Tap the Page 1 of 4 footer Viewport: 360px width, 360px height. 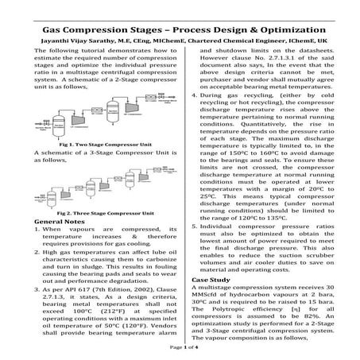click(x=180, y=348)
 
